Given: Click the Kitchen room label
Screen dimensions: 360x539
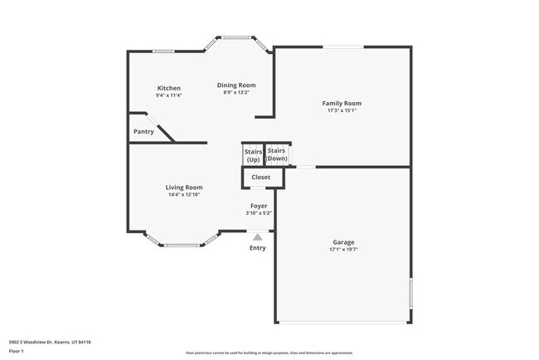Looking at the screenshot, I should click(169, 88).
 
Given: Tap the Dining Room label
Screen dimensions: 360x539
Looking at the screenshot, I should click(236, 85).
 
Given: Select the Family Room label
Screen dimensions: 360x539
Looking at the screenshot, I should click(342, 103).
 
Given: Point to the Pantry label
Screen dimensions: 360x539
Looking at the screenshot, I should click(143, 132).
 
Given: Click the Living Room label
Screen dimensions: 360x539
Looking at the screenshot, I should click(184, 187).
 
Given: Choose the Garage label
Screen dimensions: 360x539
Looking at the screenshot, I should click(342, 242).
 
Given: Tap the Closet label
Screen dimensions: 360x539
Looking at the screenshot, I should click(261, 177).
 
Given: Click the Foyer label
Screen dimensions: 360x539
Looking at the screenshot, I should click(259, 205).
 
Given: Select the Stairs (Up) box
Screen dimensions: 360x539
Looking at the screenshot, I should click(253, 155).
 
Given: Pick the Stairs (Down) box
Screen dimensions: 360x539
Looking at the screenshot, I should click(277, 154).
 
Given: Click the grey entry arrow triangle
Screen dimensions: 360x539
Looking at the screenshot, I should click(258, 237).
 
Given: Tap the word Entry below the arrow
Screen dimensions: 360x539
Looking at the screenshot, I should click(258, 248).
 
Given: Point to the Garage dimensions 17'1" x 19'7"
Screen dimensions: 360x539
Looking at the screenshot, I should click(342, 249).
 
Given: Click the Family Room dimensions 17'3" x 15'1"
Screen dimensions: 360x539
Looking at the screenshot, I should click(342, 110).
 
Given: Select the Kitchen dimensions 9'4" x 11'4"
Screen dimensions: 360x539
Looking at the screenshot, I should click(169, 95).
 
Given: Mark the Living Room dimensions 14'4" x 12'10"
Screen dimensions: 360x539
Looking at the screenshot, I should click(184, 195).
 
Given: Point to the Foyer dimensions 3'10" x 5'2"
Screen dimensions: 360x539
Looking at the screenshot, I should click(259, 212).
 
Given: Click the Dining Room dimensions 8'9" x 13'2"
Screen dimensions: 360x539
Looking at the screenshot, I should click(236, 92).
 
